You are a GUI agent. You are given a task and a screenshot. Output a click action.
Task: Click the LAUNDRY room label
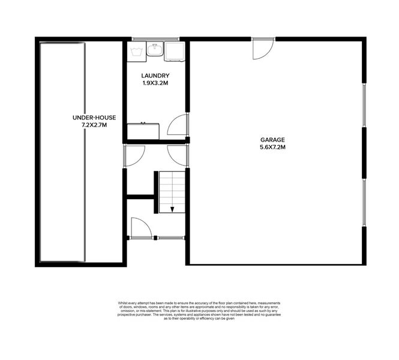[x=155, y=76]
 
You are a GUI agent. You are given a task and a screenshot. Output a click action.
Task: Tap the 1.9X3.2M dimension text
[x=155, y=83]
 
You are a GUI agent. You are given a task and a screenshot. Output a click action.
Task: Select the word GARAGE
[x=272, y=139]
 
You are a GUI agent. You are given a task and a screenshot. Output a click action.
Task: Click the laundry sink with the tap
[x=154, y=49]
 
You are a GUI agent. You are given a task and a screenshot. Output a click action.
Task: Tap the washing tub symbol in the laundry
[x=136, y=51]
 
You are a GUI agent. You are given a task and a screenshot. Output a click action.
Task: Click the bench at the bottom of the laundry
[x=143, y=131]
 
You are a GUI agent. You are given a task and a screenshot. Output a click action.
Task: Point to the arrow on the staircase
[x=172, y=208]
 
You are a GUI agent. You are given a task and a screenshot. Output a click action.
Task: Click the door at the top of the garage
[x=263, y=49]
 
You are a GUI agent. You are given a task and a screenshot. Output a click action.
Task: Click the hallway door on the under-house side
[x=134, y=155]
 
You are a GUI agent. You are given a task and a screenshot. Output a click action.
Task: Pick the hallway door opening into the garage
[x=178, y=155]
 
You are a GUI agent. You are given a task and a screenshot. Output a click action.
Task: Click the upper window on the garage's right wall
[x=364, y=104]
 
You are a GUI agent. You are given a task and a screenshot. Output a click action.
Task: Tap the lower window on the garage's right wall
[x=364, y=202]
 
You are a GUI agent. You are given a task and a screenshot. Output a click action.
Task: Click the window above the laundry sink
[x=146, y=39]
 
